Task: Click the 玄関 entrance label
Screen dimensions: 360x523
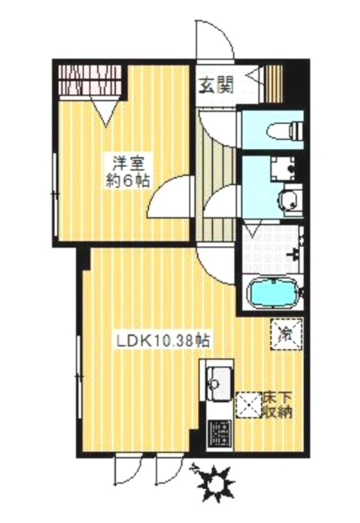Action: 216,86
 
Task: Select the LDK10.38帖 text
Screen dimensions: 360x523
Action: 163,341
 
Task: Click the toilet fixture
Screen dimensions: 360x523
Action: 286,131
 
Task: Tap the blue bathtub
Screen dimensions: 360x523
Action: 274,294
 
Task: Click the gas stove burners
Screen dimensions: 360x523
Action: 219,433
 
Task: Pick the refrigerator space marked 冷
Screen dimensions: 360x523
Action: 287,334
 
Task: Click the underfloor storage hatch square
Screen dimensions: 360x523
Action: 249,405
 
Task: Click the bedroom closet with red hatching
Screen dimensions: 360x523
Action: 90,80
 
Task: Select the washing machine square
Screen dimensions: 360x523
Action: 283,169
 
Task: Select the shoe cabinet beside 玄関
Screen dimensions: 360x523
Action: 274,84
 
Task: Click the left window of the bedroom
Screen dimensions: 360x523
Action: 55,195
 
